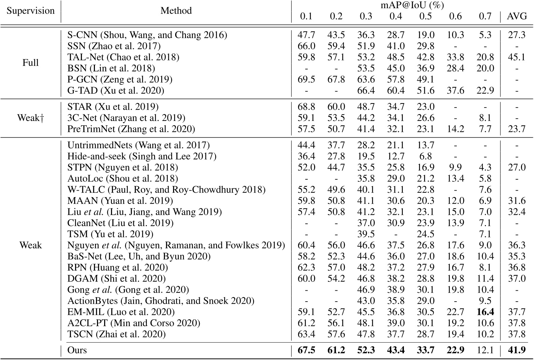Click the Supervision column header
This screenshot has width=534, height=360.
[31, 11]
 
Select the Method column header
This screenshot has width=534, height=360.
[176, 11]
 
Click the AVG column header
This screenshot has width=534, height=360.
[517, 16]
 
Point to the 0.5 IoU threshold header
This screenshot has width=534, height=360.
[425, 16]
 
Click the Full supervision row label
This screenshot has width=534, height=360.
[30, 63]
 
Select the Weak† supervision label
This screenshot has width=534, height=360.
[30, 118]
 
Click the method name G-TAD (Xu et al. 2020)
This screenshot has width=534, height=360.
[116, 91]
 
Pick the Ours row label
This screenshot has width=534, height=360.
[77, 350]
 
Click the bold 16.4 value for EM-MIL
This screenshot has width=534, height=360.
[485, 311]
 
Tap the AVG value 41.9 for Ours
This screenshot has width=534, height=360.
[517, 350]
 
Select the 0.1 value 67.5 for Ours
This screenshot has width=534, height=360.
[306, 350]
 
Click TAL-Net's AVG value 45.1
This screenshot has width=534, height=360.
[517, 57]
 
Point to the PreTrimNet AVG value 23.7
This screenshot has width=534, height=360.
[517, 129]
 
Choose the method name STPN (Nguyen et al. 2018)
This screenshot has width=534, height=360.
[123, 167]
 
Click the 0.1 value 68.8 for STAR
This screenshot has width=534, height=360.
[306, 107]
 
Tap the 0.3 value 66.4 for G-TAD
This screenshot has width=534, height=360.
[366, 91]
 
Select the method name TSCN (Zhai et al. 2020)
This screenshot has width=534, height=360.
[116, 334]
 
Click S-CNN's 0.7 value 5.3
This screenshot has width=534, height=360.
[485, 35]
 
